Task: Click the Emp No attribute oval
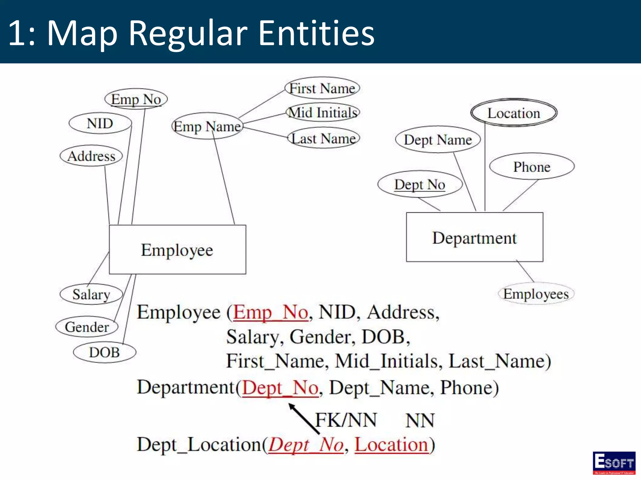tap(136, 99)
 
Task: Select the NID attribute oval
tap(100, 123)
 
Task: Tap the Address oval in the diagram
tap(91, 156)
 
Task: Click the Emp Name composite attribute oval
tap(207, 127)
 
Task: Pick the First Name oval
tap(322, 88)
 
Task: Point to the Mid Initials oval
tap(323, 112)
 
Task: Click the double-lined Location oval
tap(514, 113)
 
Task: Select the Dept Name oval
tap(438, 140)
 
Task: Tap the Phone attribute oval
tap(532, 167)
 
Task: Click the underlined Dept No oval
tap(420, 184)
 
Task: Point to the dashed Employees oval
tap(536, 294)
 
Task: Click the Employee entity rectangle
tap(177, 250)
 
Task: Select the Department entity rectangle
tap(474, 237)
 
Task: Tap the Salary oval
tap(91, 294)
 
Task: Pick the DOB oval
tap(105, 352)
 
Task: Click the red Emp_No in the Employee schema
tap(271, 312)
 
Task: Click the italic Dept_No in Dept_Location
tap(306, 445)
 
